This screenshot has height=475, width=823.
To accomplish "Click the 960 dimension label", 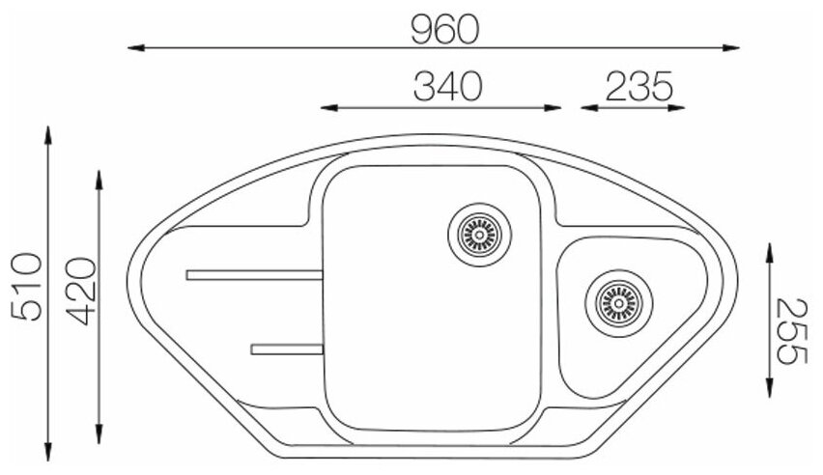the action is (444, 29).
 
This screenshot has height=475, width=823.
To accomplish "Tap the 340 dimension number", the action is (447, 87).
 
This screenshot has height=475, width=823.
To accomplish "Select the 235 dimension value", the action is (639, 87).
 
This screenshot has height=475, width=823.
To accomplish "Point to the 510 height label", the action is (26, 287).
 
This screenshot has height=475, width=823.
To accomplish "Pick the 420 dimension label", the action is (81, 292).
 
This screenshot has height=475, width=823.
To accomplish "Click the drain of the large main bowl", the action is (480, 235).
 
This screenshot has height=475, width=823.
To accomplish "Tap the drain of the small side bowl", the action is (619, 303).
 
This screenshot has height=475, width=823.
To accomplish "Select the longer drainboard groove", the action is (255, 275).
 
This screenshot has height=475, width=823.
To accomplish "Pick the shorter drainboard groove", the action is (287, 349).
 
